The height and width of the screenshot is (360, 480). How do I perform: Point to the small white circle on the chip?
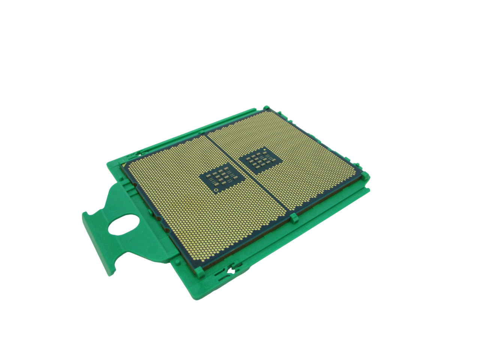point(217,190)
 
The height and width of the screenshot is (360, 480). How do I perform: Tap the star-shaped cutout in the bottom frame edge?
point(232,269)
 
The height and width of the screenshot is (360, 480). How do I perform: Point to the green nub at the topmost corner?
point(266,108)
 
